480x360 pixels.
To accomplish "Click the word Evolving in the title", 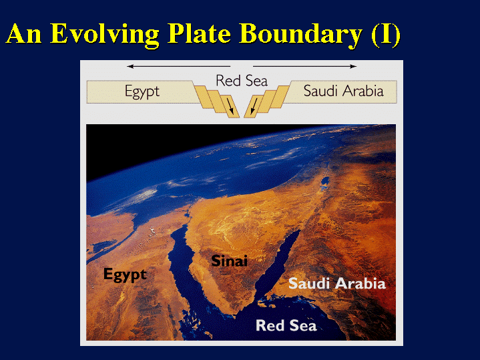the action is click(104, 35).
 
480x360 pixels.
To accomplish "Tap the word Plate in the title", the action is click(199, 35).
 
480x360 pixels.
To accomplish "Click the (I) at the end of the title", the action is click(386, 35).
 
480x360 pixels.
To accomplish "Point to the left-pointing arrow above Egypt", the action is click(178, 66).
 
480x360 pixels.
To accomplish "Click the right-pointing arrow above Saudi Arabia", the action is click(305, 66).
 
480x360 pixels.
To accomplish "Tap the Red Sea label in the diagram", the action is click(242, 81).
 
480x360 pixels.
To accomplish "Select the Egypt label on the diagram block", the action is click(142, 92).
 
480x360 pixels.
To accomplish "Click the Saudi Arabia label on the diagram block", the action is click(343, 91).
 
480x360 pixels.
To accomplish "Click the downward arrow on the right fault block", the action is click(254, 106).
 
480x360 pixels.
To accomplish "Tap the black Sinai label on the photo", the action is click(229, 261).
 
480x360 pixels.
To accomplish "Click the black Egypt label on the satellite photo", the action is click(125, 275).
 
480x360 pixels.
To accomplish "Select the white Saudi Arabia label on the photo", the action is click(337, 283).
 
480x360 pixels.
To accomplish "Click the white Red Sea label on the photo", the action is click(286, 325).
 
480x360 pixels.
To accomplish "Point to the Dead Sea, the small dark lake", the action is click(325, 182).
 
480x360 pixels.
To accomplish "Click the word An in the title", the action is click(24, 35).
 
